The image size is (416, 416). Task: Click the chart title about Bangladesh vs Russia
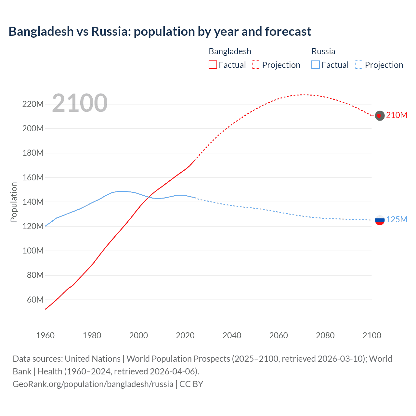[160, 32]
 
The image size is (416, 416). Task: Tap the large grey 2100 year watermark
[80, 103]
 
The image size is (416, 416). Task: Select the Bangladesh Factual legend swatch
[213, 65]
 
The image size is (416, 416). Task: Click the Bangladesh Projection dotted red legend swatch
[256, 65]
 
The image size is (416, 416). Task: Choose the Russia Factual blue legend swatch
[316, 65]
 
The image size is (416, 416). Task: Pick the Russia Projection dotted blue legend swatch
[359, 65]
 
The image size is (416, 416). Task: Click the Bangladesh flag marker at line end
[380, 115]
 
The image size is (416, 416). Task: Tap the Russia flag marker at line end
[380, 220]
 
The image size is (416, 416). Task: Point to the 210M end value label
[396, 115]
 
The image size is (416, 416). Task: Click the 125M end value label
[396, 220]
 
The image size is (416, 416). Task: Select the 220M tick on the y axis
[33, 104]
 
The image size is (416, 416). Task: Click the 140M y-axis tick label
[33, 202]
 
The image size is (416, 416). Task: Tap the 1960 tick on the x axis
[45, 335]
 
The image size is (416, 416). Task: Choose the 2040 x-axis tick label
[232, 335]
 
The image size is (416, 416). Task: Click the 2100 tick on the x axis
[372, 335]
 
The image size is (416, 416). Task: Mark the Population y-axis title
[14, 202]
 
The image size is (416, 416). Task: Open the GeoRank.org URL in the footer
[93, 384]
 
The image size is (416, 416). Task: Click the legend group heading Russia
[323, 51]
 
